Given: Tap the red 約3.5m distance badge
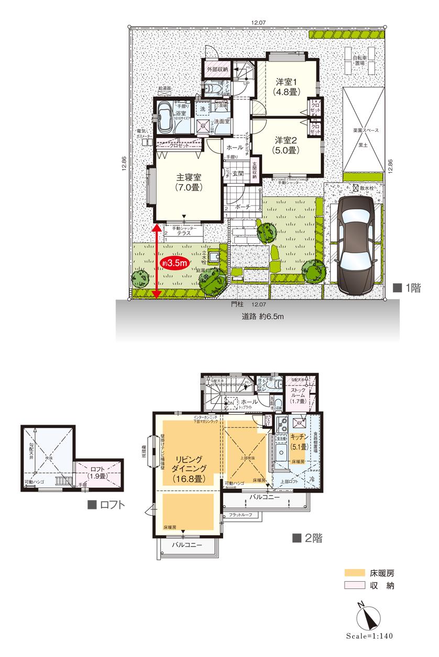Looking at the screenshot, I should point(175,263).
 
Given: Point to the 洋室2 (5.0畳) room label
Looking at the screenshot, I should point(286,145).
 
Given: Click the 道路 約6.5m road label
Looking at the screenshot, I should point(259,316).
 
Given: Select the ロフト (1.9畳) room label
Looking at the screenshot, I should point(98,473).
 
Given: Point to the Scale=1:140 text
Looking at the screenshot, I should point(369,637).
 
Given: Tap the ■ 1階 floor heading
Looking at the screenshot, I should point(407,287).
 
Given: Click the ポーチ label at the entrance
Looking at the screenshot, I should point(242,208).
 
